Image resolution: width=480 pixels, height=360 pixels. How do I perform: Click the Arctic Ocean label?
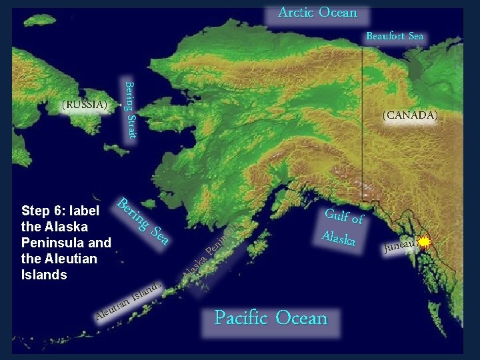[x=317, y=13]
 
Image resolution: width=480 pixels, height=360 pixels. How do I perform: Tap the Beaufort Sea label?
[x=395, y=36]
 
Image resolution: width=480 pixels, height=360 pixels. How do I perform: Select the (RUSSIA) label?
[x=84, y=105]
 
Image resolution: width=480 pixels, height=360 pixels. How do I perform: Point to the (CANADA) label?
[x=410, y=115]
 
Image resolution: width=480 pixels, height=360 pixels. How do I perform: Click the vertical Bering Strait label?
[x=131, y=110]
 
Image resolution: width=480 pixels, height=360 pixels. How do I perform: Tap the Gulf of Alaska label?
[x=343, y=227]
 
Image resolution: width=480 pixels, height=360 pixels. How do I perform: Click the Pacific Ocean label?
[x=271, y=318]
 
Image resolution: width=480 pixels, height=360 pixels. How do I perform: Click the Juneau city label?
[x=399, y=247]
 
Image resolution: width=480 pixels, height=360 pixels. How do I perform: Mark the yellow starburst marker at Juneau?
[x=424, y=242]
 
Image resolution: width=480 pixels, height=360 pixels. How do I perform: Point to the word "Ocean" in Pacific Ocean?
[x=301, y=318]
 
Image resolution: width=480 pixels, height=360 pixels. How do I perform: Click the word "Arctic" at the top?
[x=296, y=13]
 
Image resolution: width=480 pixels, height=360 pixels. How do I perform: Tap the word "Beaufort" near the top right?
[x=385, y=36]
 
